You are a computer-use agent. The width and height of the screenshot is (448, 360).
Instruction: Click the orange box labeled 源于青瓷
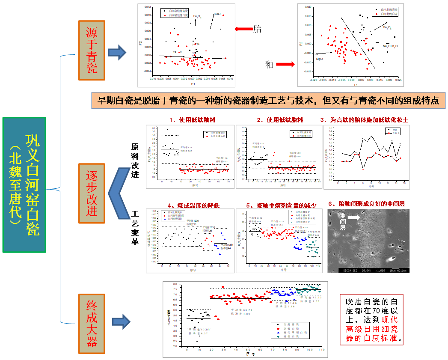(x=92, y=51)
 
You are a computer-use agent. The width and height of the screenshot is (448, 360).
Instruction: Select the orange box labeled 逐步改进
(x=92, y=193)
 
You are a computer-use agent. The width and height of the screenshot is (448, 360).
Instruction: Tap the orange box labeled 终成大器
(x=92, y=324)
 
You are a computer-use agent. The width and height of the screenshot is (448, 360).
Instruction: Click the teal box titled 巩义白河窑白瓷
(x=24, y=184)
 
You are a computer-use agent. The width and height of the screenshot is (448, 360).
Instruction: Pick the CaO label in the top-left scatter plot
(x=217, y=14)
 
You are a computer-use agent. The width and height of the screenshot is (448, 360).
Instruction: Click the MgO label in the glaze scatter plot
(x=319, y=59)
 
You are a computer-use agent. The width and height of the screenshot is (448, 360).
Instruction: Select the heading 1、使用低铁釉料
(x=187, y=120)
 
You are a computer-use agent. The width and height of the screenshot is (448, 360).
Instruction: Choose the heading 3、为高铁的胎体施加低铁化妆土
(x=364, y=120)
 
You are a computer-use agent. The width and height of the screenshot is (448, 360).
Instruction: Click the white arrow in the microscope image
(x=354, y=218)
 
